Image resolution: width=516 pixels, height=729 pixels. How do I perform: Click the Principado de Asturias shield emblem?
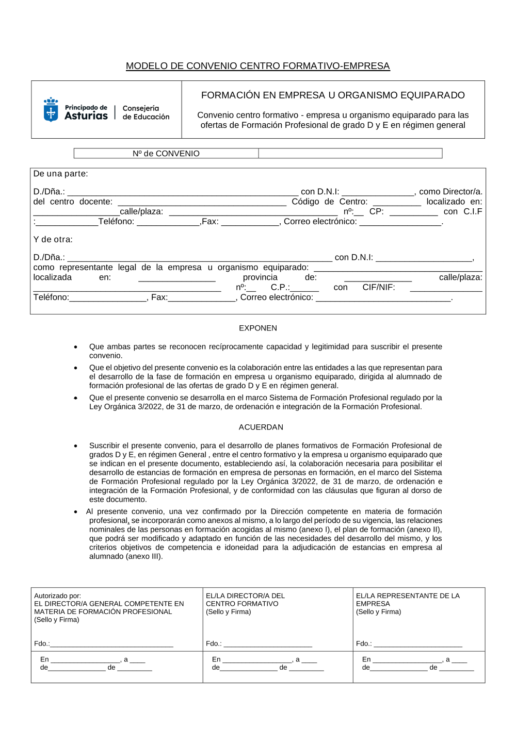[51, 110]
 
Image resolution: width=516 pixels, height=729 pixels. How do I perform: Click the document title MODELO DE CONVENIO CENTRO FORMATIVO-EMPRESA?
[257, 66]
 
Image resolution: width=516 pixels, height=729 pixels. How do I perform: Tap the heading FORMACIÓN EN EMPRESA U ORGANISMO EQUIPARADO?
[333, 95]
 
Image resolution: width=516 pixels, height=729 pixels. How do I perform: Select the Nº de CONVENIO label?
[166, 154]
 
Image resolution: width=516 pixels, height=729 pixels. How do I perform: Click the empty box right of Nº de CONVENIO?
[350, 154]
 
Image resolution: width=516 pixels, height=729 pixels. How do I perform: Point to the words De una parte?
[60, 174]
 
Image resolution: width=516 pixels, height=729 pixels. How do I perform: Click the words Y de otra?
[53, 239]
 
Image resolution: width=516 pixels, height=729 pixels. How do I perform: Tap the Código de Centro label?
[329, 202]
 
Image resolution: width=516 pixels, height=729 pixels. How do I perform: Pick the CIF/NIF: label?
[378, 287]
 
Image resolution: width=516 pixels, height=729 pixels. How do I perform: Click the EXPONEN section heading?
[257, 328]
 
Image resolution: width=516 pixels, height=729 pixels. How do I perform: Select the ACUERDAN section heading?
[261, 427]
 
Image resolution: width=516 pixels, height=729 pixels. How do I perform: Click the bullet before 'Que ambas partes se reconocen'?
[76, 347]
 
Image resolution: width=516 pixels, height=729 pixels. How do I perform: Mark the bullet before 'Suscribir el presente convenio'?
[76, 446]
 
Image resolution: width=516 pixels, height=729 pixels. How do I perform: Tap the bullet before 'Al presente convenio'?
[76, 512]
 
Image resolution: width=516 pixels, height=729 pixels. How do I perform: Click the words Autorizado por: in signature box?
[57, 595]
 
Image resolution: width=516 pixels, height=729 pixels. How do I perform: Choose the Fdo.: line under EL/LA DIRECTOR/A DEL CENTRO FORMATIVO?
[268, 644]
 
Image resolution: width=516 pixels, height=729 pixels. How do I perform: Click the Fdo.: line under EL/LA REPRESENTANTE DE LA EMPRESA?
[418, 644]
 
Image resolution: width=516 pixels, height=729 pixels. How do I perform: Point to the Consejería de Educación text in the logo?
[146, 112]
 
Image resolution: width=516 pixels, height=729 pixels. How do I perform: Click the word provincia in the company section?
[260, 277]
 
